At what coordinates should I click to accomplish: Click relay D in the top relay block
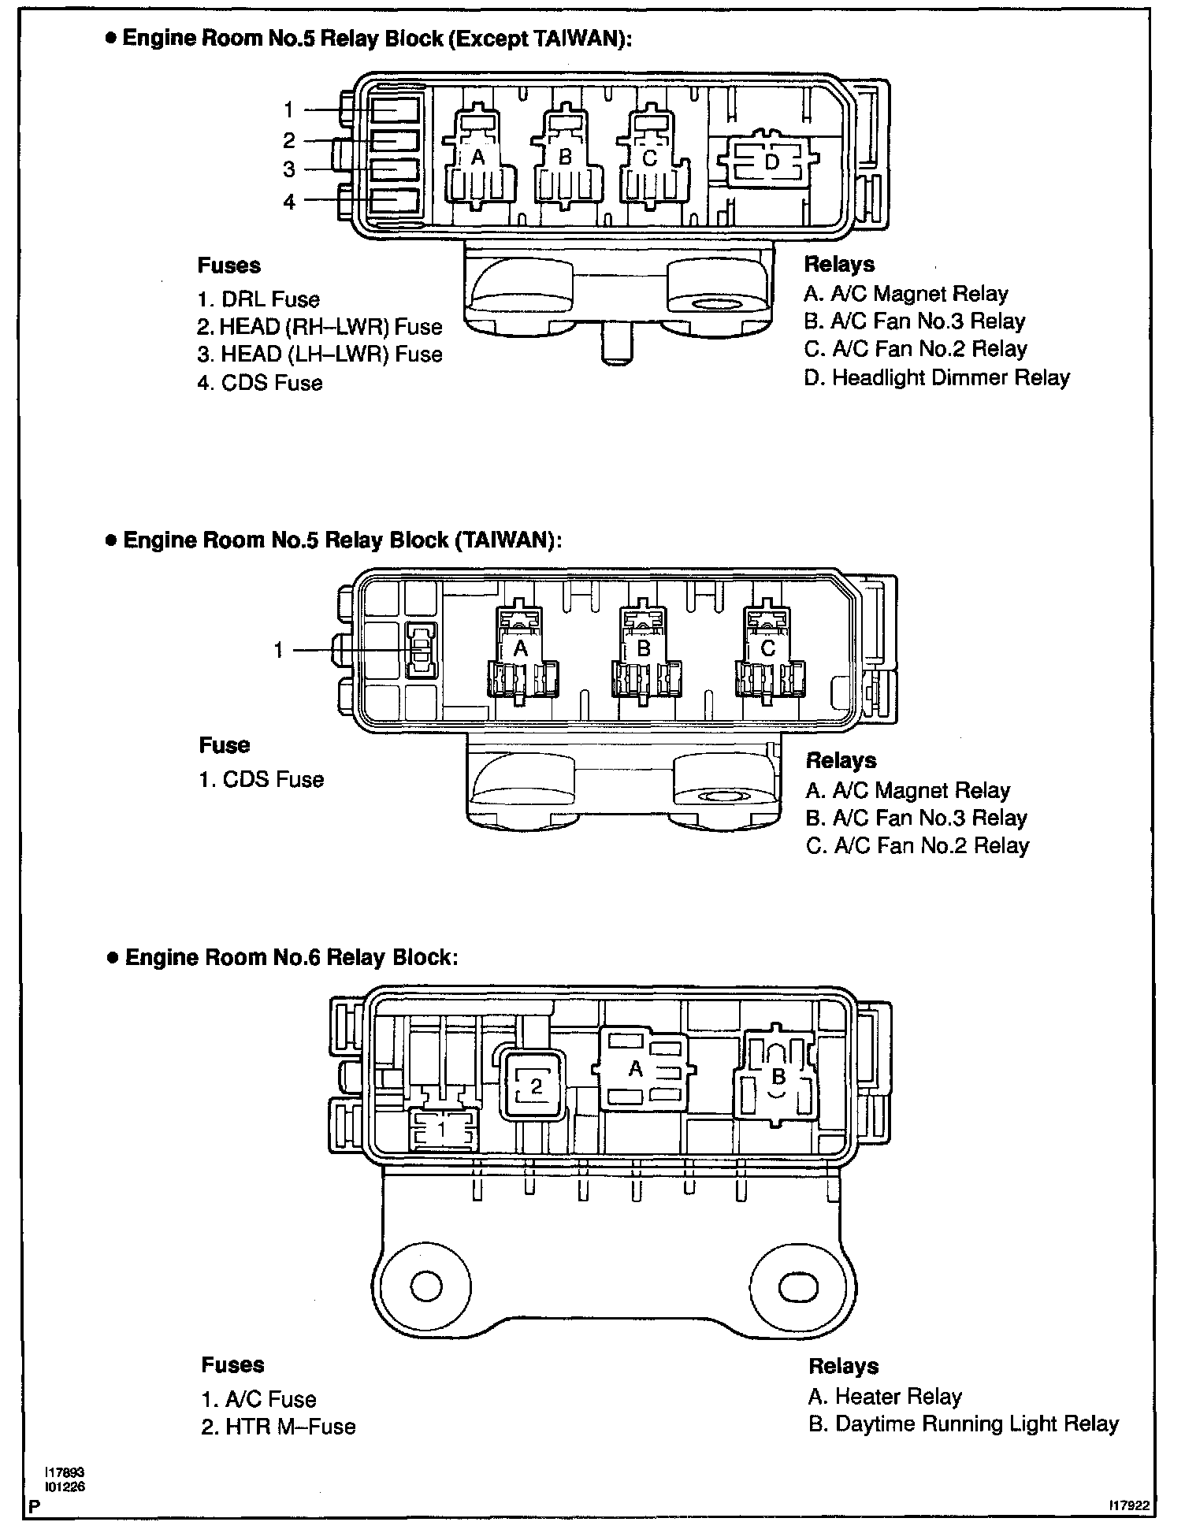(771, 162)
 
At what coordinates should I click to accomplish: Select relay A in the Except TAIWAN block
(477, 158)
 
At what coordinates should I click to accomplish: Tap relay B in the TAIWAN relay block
(644, 649)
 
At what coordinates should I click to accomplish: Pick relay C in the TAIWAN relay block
(768, 649)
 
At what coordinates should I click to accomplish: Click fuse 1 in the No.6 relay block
(442, 1130)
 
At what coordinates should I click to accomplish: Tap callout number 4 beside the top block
(289, 202)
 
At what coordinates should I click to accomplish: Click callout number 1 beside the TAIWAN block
(278, 650)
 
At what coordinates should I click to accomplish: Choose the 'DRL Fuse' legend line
(259, 299)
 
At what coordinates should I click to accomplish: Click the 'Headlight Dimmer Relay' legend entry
(937, 377)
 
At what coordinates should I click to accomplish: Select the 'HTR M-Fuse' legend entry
(278, 1427)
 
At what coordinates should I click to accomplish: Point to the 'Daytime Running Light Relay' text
(963, 1424)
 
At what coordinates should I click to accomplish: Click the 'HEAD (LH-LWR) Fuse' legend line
(320, 354)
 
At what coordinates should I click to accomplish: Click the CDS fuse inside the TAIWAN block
(421, 650)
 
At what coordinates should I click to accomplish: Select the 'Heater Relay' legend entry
(885, 1397)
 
